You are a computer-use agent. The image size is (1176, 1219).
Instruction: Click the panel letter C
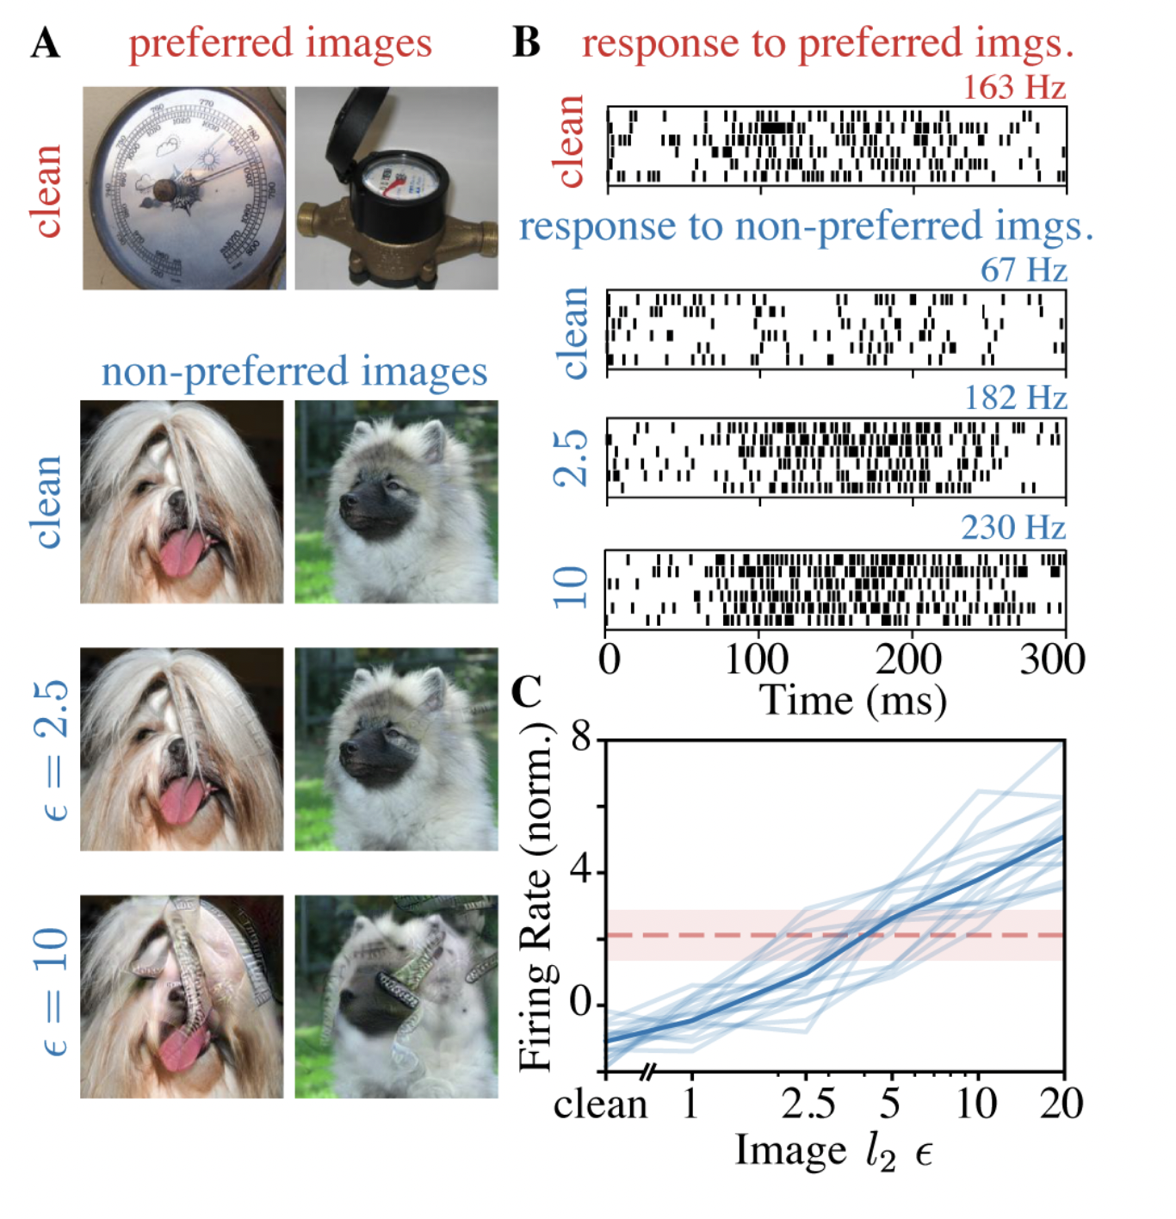(526, 690)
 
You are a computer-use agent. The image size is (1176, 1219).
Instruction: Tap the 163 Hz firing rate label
(1013, 87)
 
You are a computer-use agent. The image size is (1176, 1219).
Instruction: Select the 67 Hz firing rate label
(1023, 269)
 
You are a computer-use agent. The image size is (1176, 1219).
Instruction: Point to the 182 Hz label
(1015, 398)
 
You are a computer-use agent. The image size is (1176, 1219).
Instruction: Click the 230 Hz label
(1013, 527)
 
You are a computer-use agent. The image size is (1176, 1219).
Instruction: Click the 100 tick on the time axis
(757, 659)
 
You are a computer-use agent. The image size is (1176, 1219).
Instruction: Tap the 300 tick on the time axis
(1052, 659)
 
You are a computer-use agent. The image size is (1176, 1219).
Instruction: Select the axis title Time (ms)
(852, 701)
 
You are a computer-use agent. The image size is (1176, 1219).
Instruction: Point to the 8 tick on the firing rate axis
(582, 738)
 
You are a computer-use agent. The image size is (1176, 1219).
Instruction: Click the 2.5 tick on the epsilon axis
(807, 1103)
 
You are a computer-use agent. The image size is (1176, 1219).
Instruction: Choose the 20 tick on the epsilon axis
(1061, 1103)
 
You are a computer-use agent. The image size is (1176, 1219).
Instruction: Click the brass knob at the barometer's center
(165, 189)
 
